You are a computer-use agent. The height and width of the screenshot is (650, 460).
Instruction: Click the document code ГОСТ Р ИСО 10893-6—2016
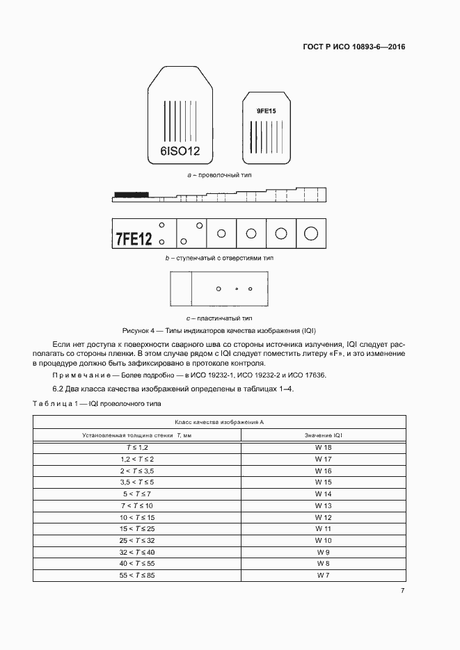[354, 48]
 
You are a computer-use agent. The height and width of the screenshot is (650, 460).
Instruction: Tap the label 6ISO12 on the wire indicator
[180, 150]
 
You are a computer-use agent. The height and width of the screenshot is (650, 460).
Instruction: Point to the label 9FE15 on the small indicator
[266, 111]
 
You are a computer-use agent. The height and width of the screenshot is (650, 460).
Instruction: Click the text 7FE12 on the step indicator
[134, 238]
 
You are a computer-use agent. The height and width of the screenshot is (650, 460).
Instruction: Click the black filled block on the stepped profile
[132, 194]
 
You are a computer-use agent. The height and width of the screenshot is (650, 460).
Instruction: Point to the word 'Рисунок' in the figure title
[136, 330]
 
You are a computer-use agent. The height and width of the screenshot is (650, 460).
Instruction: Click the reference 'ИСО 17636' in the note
[313, 375]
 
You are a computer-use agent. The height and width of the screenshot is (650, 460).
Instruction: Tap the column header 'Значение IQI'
[324, 435]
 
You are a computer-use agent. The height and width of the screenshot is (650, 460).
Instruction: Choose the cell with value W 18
[324, 448]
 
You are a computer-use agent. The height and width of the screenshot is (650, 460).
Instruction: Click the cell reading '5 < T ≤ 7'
[138, 493]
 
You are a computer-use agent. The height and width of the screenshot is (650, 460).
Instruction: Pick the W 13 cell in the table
[324, 505]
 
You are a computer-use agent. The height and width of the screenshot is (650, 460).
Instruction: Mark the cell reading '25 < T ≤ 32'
[138, 540]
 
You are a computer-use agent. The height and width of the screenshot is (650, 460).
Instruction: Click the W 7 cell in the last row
[324, 576]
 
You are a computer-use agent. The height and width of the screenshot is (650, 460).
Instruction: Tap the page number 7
[402, 591]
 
